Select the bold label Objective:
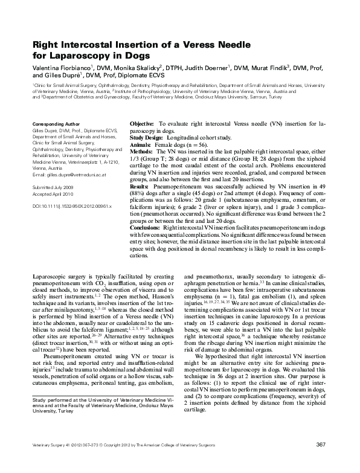[142, 123]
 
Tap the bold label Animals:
[141, 145]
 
